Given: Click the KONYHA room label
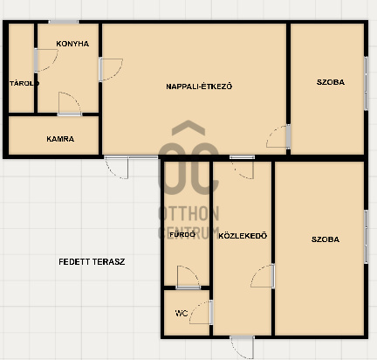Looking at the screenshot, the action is pyautogui.click(x=72, y=44).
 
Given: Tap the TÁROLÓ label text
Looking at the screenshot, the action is pyautogui.click(x=24, y=84).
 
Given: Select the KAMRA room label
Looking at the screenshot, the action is pyautogui.click(x=60, y=139).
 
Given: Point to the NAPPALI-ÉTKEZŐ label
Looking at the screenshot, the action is pyautogui.click(x=199, y=87).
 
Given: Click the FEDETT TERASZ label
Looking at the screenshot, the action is pyautogui.click(x=92, y=262).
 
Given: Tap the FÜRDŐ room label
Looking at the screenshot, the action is pyautogui.click(x=182, y=234).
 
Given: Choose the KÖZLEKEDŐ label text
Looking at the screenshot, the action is pyautogui.click(x=243, y=236).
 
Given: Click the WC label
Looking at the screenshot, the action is pyautogui.click(x=182, y=314).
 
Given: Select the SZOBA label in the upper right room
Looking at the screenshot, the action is pyautogui.click(x=331, y=82).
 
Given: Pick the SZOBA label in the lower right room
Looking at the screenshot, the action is pyautogui.click(x=326, y=239).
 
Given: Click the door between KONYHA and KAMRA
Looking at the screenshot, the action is pyautogui.click(x=70, y=104).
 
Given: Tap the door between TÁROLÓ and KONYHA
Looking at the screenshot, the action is pyautogui.click(x=46, y=60).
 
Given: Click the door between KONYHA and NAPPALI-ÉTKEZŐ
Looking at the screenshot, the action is pyautogui.click(x=111, y=69).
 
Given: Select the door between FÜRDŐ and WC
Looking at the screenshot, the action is pyautogui.click(x=188, y=277).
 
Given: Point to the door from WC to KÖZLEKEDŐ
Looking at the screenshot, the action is pyautogui.click(x=201, y=312).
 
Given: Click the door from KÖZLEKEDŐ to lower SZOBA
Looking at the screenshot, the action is pyautogui.click(x=263, y=276).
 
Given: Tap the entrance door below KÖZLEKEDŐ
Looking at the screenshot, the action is pyautogui.click(x=242, y=347).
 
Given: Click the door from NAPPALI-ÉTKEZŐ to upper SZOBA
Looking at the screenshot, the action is pyautogui.click(x=278, y=136).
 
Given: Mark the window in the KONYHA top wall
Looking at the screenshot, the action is pyautogui.click(x=63, y=22).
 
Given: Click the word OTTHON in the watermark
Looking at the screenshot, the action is pyautogui.click(x=188, y=213).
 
